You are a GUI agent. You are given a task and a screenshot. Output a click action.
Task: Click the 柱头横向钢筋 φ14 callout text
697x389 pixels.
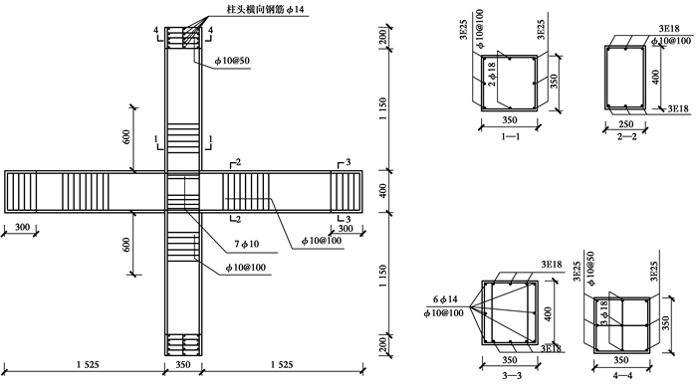point(266,9)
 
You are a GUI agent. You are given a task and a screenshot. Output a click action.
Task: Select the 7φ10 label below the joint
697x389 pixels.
point(246,244)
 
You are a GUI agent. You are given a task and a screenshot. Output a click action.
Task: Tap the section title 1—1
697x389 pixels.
point(510,136)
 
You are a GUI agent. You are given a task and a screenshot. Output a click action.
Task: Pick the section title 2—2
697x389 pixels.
point(626,136)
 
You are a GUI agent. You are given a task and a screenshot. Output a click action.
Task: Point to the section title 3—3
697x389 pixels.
point(512,376)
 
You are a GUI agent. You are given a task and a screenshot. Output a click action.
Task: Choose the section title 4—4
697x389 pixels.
point(622,376)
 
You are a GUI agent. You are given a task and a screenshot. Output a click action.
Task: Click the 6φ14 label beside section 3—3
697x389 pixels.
point(445,299)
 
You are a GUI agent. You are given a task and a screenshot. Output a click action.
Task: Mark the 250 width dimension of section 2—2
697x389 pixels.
point(625,124)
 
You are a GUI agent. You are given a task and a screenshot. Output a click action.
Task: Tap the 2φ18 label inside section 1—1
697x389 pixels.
point(492,75)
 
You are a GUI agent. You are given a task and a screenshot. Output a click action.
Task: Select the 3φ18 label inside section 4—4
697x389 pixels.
point(603,313)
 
